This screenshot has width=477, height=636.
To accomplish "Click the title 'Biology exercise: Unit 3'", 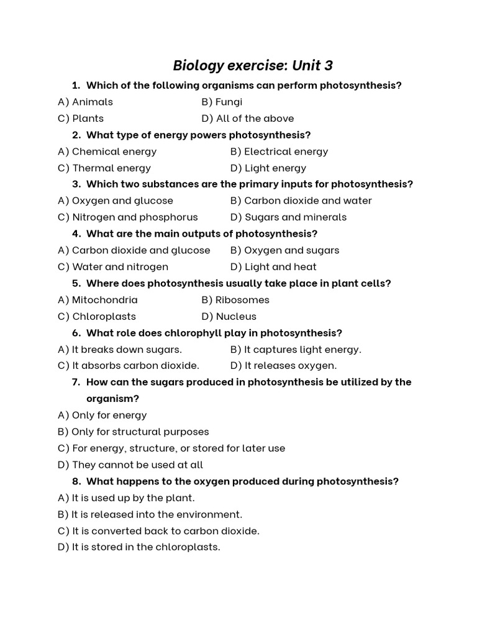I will [253, 65].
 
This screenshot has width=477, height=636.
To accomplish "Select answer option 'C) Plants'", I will [81, 118].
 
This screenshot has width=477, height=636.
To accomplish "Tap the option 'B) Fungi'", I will [222, 102].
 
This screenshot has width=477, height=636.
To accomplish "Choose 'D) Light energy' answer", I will [268, 168].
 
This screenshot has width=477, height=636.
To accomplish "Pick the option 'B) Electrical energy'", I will [279, 152].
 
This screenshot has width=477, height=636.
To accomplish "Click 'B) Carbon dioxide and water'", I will [301, 201].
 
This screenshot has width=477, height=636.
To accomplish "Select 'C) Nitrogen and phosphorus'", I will [127, 217].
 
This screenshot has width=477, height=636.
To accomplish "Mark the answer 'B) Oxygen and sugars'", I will [284, 250].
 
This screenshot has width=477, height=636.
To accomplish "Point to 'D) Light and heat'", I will [273, 267].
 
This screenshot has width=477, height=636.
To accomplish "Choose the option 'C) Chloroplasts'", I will [96, 316].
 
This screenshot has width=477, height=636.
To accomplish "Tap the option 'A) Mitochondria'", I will [98, 300].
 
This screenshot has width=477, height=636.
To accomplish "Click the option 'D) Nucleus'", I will [229, 316].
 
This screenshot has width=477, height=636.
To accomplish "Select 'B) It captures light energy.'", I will [296, 349].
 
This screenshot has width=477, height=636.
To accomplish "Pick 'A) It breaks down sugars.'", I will [120, 349].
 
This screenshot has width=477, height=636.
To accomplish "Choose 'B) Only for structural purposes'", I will [133, 432].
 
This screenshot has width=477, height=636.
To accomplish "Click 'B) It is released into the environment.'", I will [150, 514].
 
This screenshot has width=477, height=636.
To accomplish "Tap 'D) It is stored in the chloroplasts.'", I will [139, 547].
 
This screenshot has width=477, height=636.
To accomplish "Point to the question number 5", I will [76, 283].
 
